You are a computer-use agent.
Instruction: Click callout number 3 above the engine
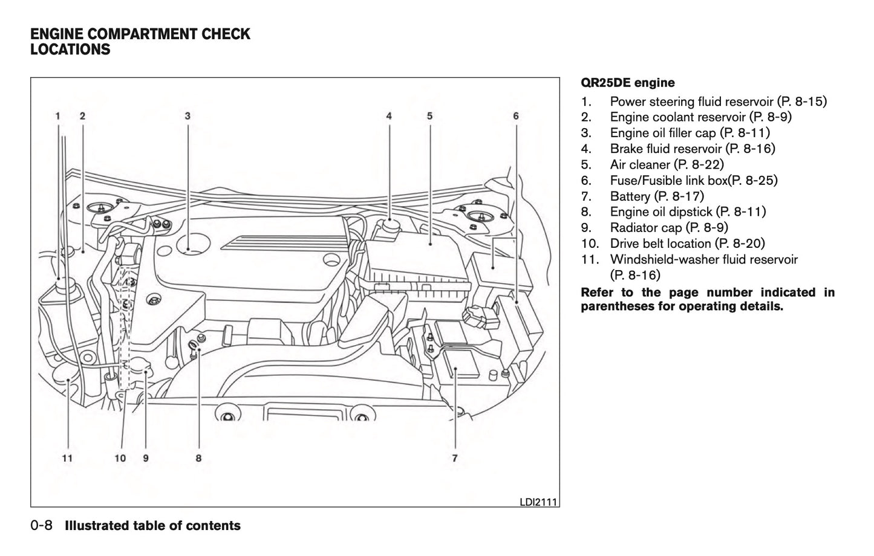pos(188,115)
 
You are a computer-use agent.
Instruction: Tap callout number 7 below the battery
pos(454,458)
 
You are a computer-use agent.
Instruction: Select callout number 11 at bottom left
pos(67,458)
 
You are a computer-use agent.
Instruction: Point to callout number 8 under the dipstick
pos(198,458)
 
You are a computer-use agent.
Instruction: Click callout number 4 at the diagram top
pos(389,115)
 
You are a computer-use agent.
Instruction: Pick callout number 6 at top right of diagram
pos(516,115)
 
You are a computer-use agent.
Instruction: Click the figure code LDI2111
pos(538,502)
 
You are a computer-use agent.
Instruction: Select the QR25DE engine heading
pos(627,83)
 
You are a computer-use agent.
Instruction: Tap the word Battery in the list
pos(630,196)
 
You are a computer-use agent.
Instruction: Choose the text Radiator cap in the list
pos(645,227)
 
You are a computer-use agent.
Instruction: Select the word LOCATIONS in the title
pos(70,50)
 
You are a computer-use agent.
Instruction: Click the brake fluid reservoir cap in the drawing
pos(388,228)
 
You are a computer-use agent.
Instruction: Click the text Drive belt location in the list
pos(660,244)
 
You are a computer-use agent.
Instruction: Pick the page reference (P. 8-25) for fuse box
pos(752,180)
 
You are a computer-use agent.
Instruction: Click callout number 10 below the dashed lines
pos(120,458)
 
